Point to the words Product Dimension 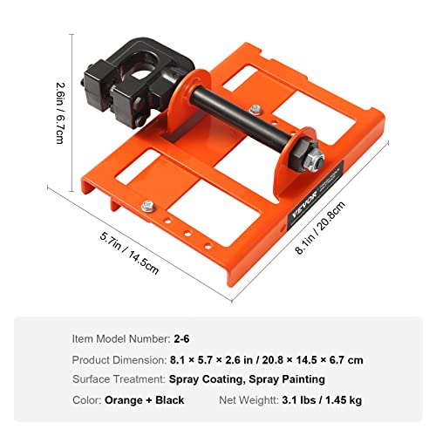[117, 359]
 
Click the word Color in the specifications [86, 401]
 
